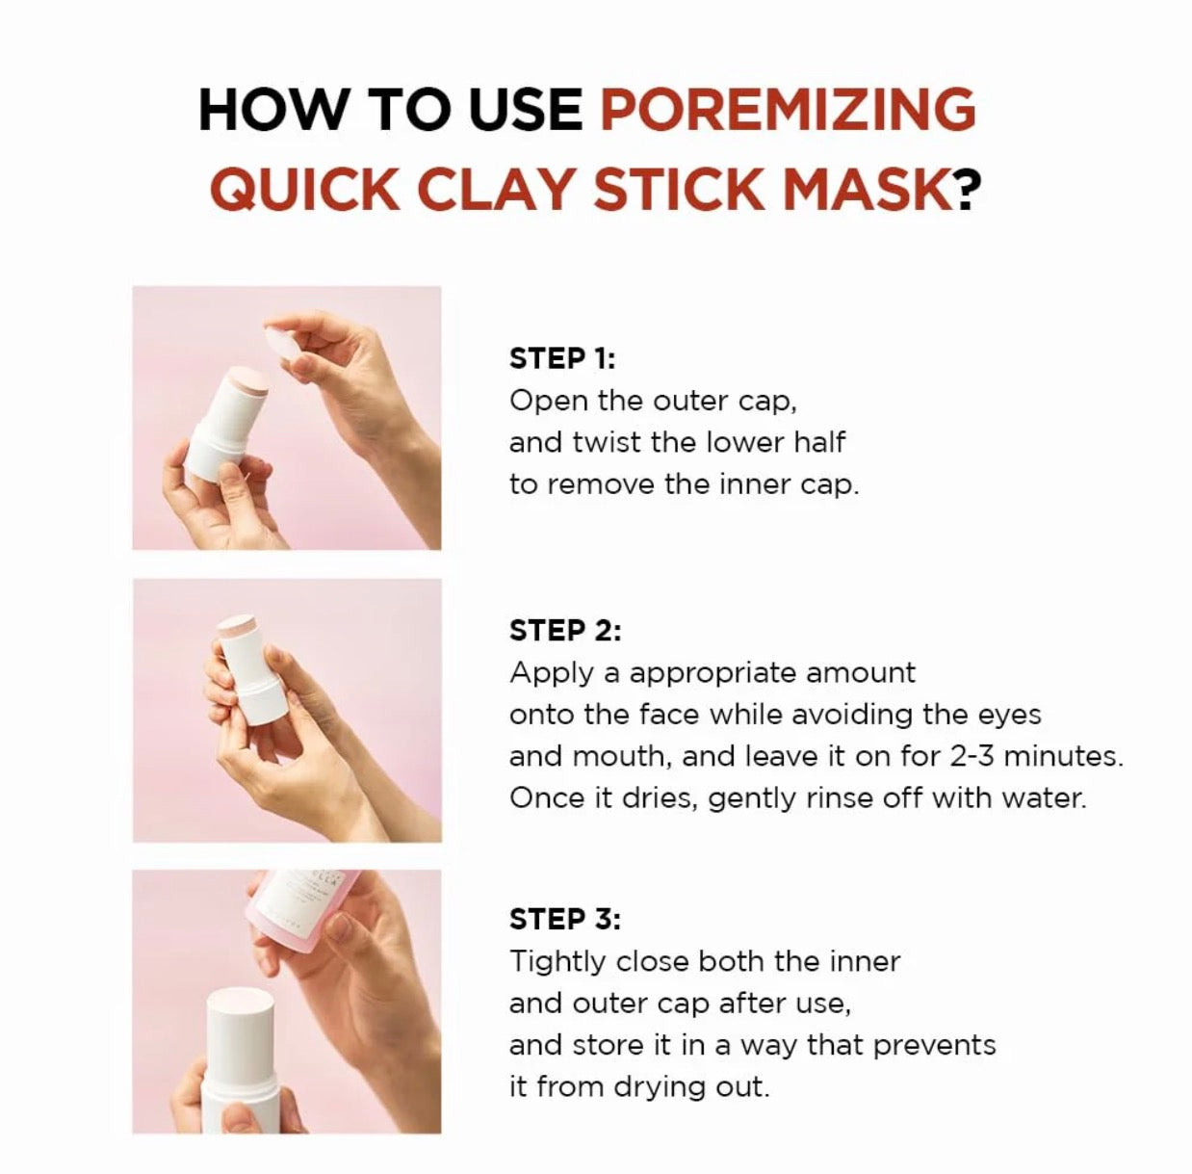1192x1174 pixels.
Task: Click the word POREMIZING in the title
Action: click(788, 109)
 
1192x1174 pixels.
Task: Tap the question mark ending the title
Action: click(967, 189)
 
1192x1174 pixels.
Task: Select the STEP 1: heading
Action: click(561, 358)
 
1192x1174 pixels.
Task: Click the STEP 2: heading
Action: click(564, 631)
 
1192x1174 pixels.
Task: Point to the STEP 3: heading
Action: click(564, 920)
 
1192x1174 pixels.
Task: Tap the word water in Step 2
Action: click(1044, 798)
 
